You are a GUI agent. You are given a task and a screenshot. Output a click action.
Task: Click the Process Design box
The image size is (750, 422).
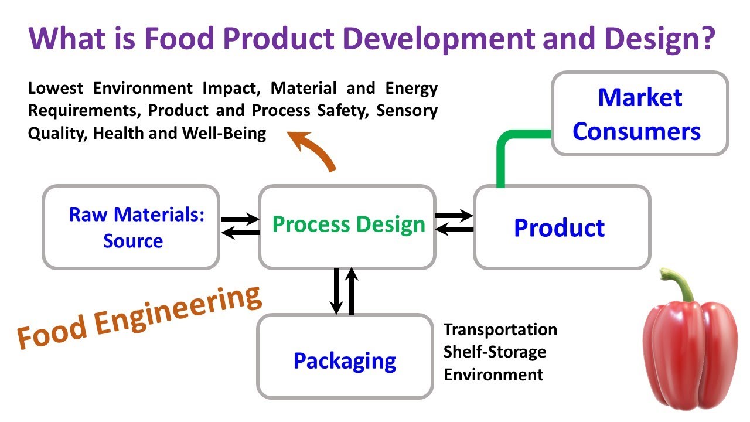pos(347,226)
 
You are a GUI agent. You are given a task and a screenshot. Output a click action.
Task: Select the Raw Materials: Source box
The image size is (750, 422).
pos(131,227)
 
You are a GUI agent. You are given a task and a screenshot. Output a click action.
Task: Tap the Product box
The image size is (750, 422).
pos(561,227)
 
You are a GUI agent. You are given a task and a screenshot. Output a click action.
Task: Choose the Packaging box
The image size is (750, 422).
pos(345,357)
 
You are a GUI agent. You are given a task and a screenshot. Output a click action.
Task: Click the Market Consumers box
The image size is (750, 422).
pos(639,114)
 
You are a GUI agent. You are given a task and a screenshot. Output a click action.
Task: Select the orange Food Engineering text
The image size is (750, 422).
pos(139,317)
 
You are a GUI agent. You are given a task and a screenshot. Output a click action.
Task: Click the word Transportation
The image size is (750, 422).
pos(500,329)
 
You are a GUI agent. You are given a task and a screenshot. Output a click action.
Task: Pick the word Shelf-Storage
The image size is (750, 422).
pos(495,352)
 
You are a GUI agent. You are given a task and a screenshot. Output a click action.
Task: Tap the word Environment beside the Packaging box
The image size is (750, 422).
pos(493,374)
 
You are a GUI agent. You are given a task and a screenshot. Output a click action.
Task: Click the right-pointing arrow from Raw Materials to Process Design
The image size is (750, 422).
pos(240,220)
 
